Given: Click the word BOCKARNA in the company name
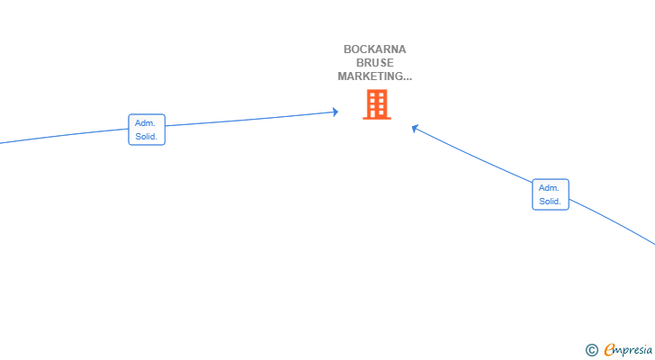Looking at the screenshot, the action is click(x=374, y=49).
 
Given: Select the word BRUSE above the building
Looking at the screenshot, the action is click(x=374, y=63).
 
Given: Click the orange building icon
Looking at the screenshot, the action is click(x=377, y=104).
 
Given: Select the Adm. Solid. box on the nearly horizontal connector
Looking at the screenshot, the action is click(x=147, y=130).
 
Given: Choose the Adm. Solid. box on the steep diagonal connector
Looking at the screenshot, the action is click(x=551, y=194).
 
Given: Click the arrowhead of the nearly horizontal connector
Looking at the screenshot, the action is click(x=335, y=112).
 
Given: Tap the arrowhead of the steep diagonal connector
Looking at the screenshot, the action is click(x=415, y=128).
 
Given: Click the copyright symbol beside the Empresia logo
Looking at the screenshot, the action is click(x=591, y=350).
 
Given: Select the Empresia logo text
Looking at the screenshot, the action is click(x=628, y=350).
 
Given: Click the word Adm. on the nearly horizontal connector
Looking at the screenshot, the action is click(x=145, y=123).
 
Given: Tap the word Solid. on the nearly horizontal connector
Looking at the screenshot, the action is click(x=146, y=137).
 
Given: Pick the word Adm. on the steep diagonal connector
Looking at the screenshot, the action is click(x=549, y=188).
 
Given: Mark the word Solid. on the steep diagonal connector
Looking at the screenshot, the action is click(x=550, y=202).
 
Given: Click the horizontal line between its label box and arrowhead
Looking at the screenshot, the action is click(x=251, y=119).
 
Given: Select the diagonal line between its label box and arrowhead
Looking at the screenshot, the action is click(x=473, y=156).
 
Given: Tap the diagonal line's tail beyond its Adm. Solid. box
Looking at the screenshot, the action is click(x=612, y=220).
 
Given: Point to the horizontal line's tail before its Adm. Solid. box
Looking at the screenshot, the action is click(x=64, y=136).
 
